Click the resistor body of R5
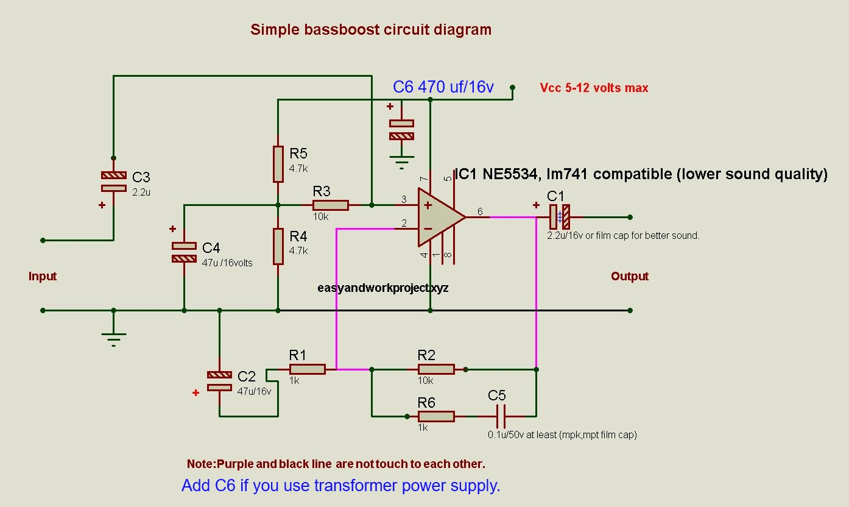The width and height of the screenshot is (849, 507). click(278, 164)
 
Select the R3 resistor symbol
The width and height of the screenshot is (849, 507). click(331, 205)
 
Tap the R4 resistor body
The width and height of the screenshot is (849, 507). click(278, 246)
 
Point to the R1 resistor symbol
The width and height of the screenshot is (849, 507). click(307, 369)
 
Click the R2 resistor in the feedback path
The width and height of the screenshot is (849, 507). click(435, 369)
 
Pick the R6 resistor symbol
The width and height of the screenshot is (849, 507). click(435, 416)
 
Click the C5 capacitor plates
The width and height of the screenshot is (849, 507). click(501, 416)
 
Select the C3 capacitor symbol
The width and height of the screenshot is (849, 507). click(113, 181)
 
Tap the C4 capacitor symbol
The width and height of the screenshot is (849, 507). click(184, 252)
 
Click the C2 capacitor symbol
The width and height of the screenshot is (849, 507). click(219, 381)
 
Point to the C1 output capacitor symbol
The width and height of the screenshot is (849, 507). click(559, 216)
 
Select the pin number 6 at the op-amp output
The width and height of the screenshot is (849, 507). click(480, 211)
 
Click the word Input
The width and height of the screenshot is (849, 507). click(43, 276)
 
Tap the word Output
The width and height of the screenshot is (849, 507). click(630, 276)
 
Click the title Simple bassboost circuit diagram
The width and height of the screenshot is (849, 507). click(371, 29)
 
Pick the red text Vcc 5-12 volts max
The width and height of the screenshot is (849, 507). click(594, 88)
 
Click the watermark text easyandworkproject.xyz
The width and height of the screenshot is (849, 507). click(383, 288)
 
